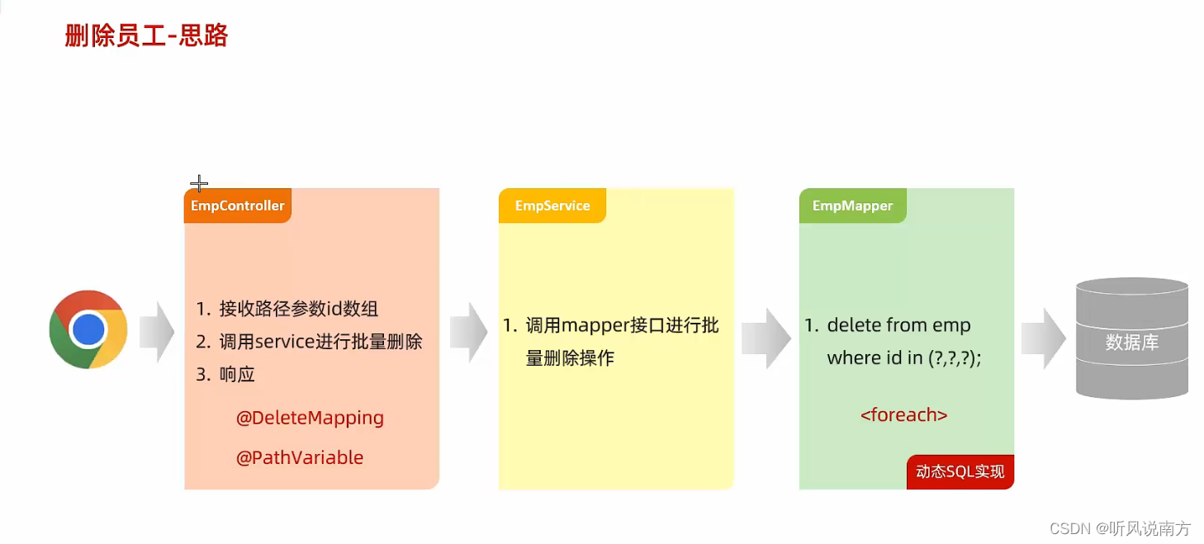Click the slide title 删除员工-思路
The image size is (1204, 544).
click(146, 36)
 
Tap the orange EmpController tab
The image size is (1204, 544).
click(237, 206)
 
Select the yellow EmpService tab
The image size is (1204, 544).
click(552, 206)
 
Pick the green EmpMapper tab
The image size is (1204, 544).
click(852, 206)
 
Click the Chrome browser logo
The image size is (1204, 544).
click(88, 329)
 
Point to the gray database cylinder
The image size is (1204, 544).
click(1131, 338)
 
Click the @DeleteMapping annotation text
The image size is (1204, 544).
click(310, 418)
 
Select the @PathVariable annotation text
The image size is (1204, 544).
click(300, 457)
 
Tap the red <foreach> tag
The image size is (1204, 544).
click(903, 414)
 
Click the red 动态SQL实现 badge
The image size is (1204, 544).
click(960, 472)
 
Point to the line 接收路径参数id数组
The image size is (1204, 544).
click(298, 310)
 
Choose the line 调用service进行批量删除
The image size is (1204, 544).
click(320, 342)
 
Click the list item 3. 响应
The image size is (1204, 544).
click(225, 374)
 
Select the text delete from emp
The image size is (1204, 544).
click(898, 325)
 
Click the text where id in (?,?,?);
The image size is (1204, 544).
click(903, 357)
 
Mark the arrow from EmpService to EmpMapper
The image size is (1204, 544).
click(766, 338)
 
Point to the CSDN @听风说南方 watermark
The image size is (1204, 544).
click(1120, 528)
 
